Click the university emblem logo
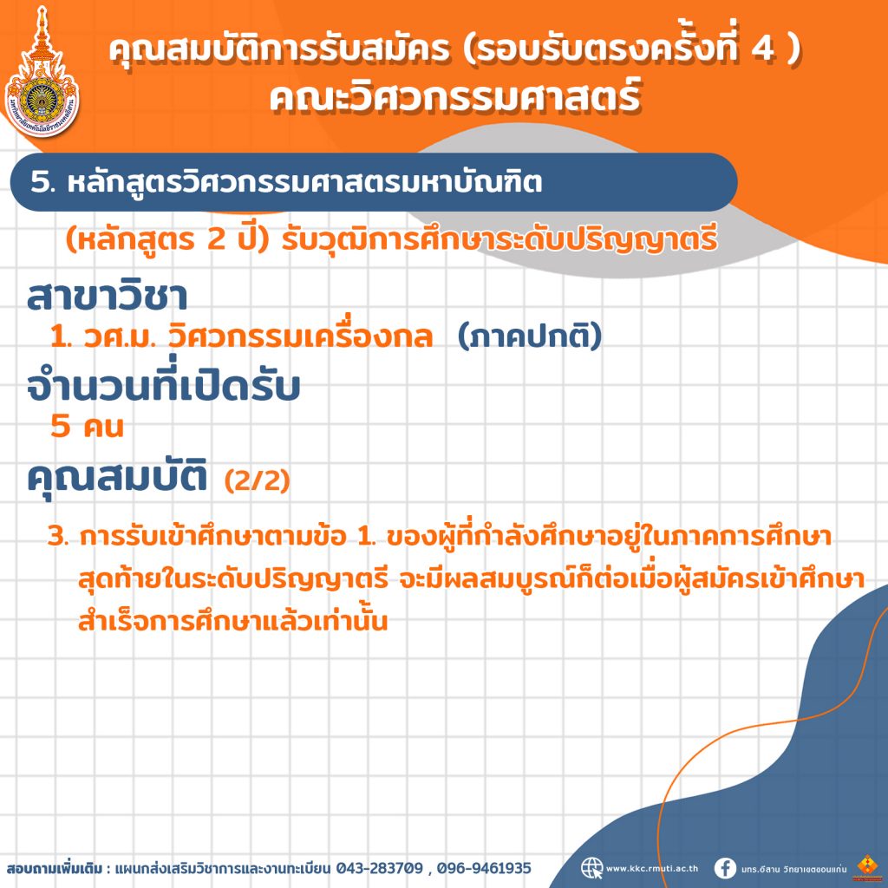(42, 73)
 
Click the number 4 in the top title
(763, 49)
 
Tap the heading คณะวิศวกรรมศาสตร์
(455, 96)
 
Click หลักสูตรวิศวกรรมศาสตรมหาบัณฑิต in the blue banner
(304, 182)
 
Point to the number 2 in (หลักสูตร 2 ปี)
(216, 239)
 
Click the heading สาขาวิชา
(107, 296)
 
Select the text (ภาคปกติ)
(529, 336)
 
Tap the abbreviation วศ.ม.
(119, 337)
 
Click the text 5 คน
(87, 426)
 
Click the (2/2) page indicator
(257, 480)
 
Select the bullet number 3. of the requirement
(58, 536)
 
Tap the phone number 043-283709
(380, 868)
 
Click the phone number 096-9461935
(484, 868)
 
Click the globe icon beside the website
(591, 867)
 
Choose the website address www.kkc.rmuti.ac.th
(652, 868)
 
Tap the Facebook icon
(725, 868)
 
